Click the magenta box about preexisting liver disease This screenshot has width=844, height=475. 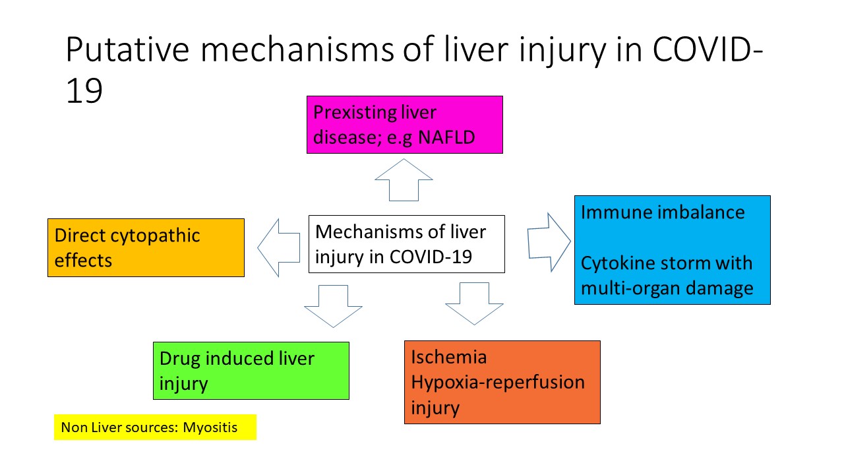pyautogui.click(x=405, y=125)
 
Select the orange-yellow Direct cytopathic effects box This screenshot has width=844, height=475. pyautogui.click(x=146, y=247)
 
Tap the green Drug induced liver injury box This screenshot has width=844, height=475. pyautogui.click(x=251, y=371)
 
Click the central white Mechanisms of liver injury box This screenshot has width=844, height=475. pyautogui.click(x=407, y=244)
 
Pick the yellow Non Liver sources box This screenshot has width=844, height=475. pyautogui.click(x=155, y=427)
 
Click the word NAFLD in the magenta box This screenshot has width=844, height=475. pyautogui.click(x=446, y=137)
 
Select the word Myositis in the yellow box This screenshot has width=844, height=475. pyautogui.click(x=210, y=427)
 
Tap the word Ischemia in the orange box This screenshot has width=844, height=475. pyautogui.click(x=449, y=357)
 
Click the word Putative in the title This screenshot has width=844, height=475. pyautogui.click(x=127, y=49)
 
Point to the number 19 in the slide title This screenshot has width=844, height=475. pyautogui.click(x=84, y=90)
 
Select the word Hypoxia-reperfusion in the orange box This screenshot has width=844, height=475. pyautogui.click(x=498, y=382)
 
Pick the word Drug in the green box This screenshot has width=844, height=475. pyautogui.click(x=180, y=359)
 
